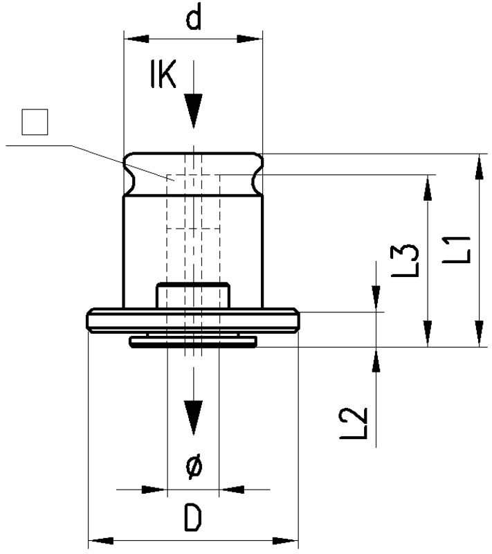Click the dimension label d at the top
pos(194,19)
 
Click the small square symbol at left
pos(34,123)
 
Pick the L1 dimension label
pos(459,250)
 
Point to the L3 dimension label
pos(408,260)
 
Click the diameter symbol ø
pos(194,467)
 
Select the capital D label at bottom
pos(194,518)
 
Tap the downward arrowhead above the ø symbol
pos(194,416)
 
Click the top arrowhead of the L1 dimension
pos(477,168)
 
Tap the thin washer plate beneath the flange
pos(193,341)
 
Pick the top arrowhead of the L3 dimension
pos(428,188)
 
